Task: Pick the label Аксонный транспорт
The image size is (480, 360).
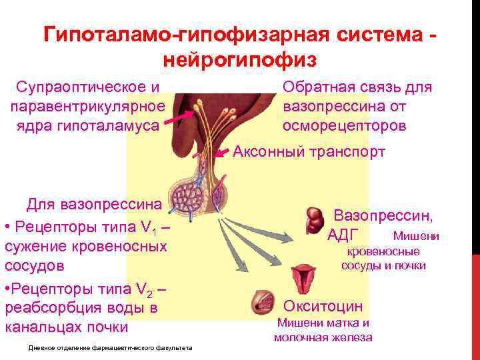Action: click(x=309, y=152)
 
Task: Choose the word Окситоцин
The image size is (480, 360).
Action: click(x=323, y=306)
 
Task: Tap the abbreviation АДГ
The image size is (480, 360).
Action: click(x=344, y=235)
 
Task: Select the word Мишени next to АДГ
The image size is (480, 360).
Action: click(x=416, y=235)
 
